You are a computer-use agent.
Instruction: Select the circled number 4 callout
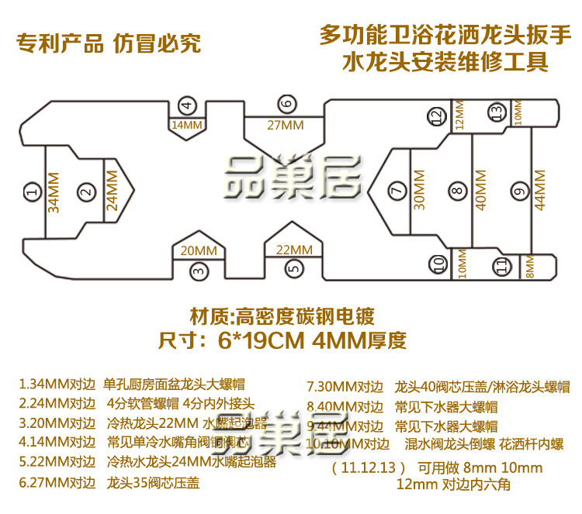pos(185,106)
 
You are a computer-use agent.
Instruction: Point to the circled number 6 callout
pos(286,104)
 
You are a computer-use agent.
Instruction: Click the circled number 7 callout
pos(397,190)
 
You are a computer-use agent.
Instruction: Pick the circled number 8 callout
pos(456,190)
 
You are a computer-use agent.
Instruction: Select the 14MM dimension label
pos(185,124)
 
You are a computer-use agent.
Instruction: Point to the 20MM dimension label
pos(199,250)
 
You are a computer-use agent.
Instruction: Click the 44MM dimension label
pos(539,190)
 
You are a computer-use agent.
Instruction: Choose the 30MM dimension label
pos(420,190)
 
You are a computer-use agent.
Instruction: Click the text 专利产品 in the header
pos(60,43)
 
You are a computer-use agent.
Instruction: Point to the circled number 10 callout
pos(439,264)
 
